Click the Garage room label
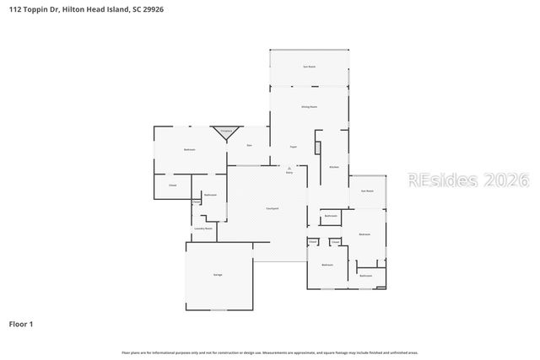coord(217,276)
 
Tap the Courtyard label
coord(273,208)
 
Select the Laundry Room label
coord(202,228)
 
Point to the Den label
coord(249,146)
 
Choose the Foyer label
coord(294,147)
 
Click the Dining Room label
coord(309,107)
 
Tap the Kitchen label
coord(333,168)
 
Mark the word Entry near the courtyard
coord(289,172)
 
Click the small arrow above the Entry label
coord(289,167)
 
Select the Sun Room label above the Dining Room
coord(309,66)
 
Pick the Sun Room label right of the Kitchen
coord(367,191)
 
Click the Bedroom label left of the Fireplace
coord(190,149)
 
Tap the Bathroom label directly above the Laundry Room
coord(210,195)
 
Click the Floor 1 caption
coord(21,324)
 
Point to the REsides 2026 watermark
coord(468,180)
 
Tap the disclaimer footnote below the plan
coord(270,352)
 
